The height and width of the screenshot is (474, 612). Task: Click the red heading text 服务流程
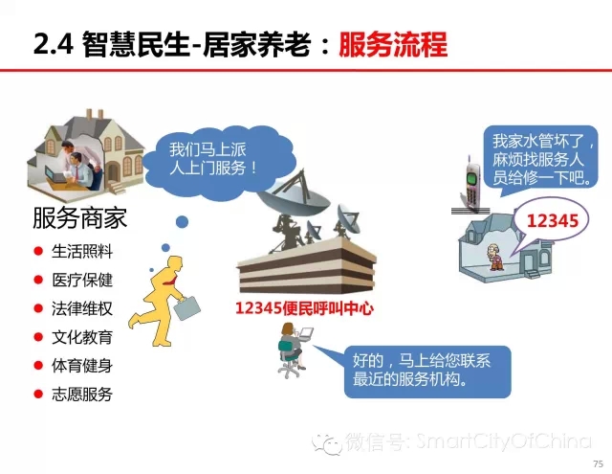click(x=393, y=45)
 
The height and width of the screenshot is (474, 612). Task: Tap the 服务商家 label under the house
click(x=80, y=217)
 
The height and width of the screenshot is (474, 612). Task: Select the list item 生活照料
click(x=82, y=251)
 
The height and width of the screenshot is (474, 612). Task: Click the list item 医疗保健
click(x=82, y=280)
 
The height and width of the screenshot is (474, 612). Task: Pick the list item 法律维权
click(x=82, y=308)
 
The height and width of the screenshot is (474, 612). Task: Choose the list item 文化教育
click(x=82, y=337)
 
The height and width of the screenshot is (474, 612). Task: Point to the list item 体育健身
click(x=82, y=366)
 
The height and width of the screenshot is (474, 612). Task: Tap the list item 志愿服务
click(x=82, y=394)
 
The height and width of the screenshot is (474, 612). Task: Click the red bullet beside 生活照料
click(x=38, y=251)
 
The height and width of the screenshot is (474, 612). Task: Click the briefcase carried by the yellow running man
click(x=187, y=308)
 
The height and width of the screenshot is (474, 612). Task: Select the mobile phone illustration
click(x=471, y=184)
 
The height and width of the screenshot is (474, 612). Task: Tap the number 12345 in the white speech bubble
click(x=553, y=221)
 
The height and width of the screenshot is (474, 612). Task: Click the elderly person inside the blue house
click(x=495, y=257)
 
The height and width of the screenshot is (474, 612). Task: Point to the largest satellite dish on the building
click(x=293, y=195)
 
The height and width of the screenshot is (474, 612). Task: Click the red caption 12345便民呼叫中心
click(x=304, y=308)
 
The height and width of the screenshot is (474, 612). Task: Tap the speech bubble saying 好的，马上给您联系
click(x=427, y=372)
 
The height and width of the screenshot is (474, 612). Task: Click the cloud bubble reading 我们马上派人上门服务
click(x=219, y=161)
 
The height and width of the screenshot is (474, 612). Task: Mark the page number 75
click(x=598, y=463)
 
